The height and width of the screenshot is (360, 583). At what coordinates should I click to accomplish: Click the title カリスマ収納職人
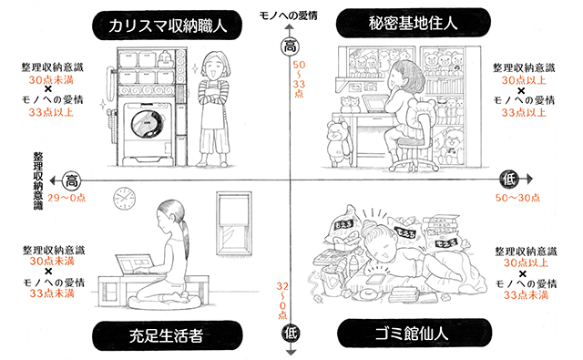click(x=168, y=26)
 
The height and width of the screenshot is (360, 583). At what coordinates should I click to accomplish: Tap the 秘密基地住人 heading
click(x=413, y=23)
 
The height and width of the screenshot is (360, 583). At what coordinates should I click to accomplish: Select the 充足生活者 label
click(x=166, y=335)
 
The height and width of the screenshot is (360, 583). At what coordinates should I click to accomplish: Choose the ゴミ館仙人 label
click(x=412, y=334)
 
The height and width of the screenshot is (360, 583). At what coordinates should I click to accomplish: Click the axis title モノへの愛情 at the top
click(x=288, y=15)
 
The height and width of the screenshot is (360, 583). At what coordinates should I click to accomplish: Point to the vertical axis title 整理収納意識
click(x=38, y=180)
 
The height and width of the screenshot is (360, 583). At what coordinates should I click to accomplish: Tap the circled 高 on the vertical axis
click(x=290, y=46)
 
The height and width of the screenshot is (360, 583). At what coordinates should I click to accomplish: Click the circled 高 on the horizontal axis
click(x=71, y=181)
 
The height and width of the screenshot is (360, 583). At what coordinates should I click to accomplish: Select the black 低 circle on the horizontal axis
click(x=509, y=180)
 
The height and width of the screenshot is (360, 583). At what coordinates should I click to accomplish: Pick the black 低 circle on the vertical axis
click(x=291, y=333)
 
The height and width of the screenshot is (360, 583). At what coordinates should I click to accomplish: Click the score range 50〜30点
click(x=517, y=198)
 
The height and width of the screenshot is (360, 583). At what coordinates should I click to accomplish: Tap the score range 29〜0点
click(x=66, y=198)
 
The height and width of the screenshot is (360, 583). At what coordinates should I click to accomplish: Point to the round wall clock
click(x=124, y=198)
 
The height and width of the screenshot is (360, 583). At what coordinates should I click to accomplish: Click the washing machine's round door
click(x=148, y=124)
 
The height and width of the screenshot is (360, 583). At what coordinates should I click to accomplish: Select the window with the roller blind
click(x=234, y=223)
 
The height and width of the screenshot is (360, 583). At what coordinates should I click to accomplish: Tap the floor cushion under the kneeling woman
click(x=164, y=302)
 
